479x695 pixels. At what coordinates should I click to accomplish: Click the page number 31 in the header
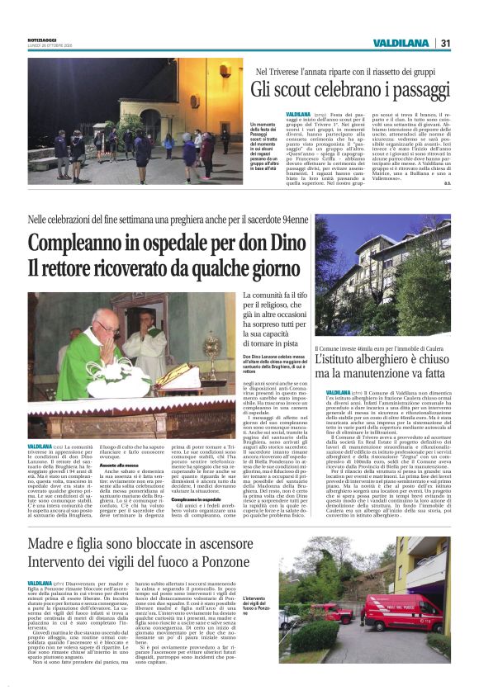446,43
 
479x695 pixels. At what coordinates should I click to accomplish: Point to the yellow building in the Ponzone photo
429,557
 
